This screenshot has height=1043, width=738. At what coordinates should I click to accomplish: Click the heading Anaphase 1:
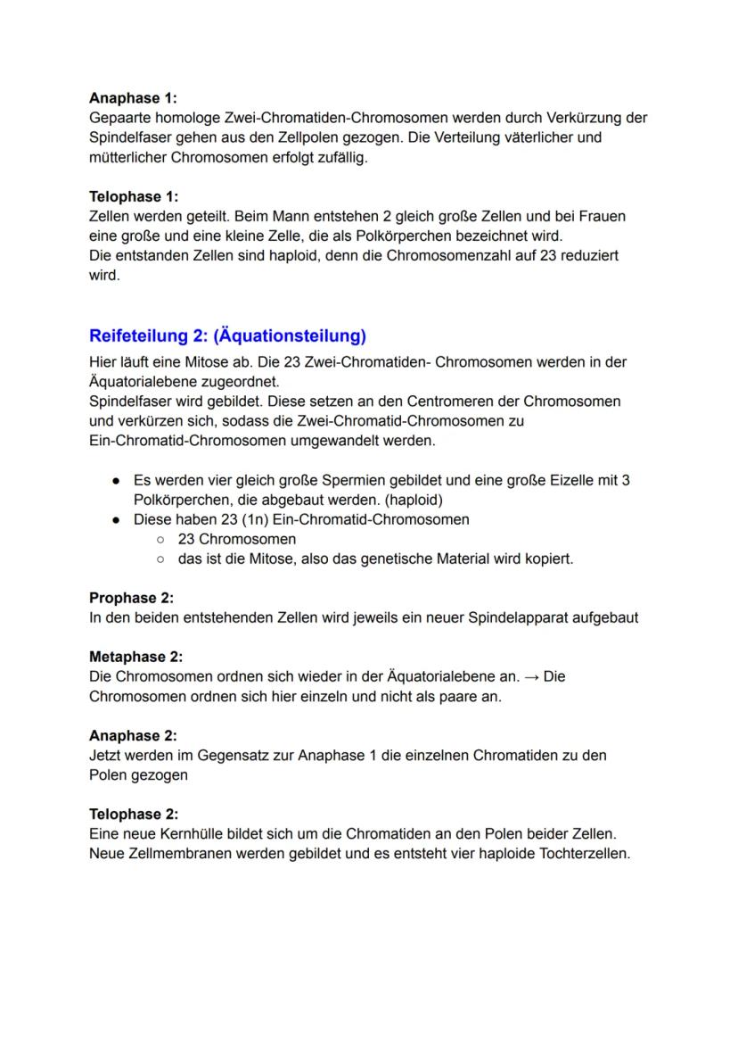tap(133, 98)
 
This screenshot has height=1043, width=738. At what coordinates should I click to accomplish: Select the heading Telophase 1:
tap(134, 196)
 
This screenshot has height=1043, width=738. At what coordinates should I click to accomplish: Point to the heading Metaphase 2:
tap(135, 657)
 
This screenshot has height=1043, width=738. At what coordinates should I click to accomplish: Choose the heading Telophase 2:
tap(134, 814)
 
